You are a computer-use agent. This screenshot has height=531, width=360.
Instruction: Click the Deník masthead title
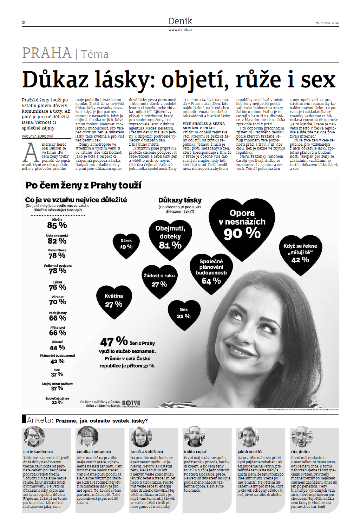[x=180, y=21]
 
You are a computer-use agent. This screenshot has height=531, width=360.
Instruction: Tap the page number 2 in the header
[x=24, y=23]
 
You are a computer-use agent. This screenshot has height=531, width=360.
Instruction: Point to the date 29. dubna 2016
[x=327, y=23]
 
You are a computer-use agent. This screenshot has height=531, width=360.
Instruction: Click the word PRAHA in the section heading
[x=47, y=53]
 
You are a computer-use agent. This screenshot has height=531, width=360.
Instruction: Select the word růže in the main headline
[x=258, y=80]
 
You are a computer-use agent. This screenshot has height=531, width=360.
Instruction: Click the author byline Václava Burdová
[x=38, y=136]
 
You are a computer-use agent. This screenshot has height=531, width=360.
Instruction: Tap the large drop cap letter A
[x=31, y=153]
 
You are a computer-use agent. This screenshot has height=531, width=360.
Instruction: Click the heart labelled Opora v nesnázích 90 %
[x=242, y=226]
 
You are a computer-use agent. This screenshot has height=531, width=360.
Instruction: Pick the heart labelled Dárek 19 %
[x=126, y=245]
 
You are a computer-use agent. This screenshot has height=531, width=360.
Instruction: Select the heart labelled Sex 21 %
[x=184, y=313]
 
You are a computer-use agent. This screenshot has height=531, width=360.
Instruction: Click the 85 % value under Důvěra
[x=57, y=225]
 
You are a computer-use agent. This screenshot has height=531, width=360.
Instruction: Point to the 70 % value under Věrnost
[x=58, y=302]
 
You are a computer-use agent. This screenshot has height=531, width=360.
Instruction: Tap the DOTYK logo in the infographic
[x=131, y=403]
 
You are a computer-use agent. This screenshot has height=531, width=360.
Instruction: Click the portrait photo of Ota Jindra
[x=302, y=437]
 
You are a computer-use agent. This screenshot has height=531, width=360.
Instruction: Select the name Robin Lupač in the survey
[x=195, y=452]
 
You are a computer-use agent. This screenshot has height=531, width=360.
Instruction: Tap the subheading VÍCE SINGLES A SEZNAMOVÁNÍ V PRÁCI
[x=204, y=126]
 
